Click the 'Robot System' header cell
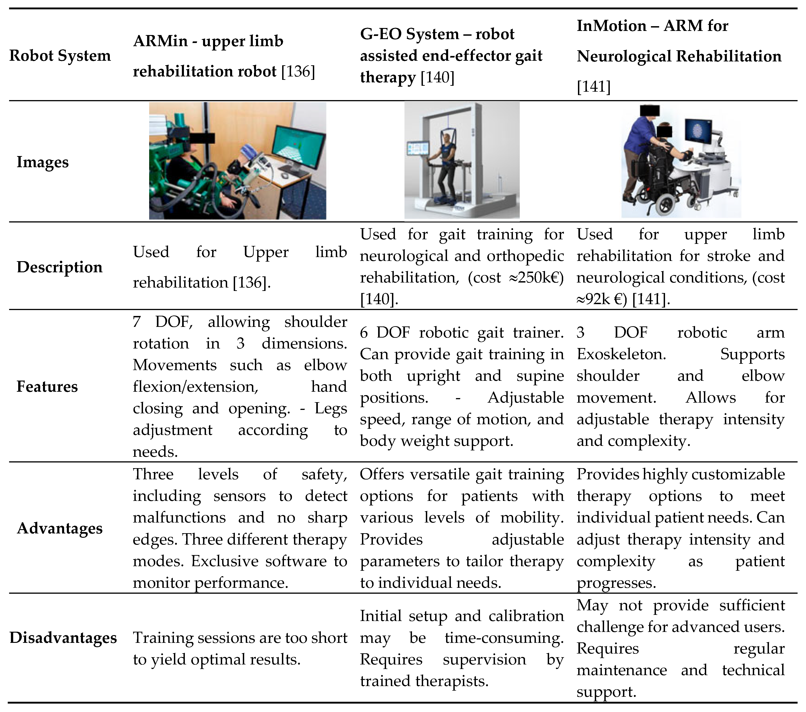[60, 56]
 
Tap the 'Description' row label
[60, 267]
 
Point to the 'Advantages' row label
[60, 528]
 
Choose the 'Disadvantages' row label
[63, 638]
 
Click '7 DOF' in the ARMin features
[163, 322]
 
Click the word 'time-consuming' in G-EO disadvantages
[504, 638]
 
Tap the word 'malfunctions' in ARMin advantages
[179, 518]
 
